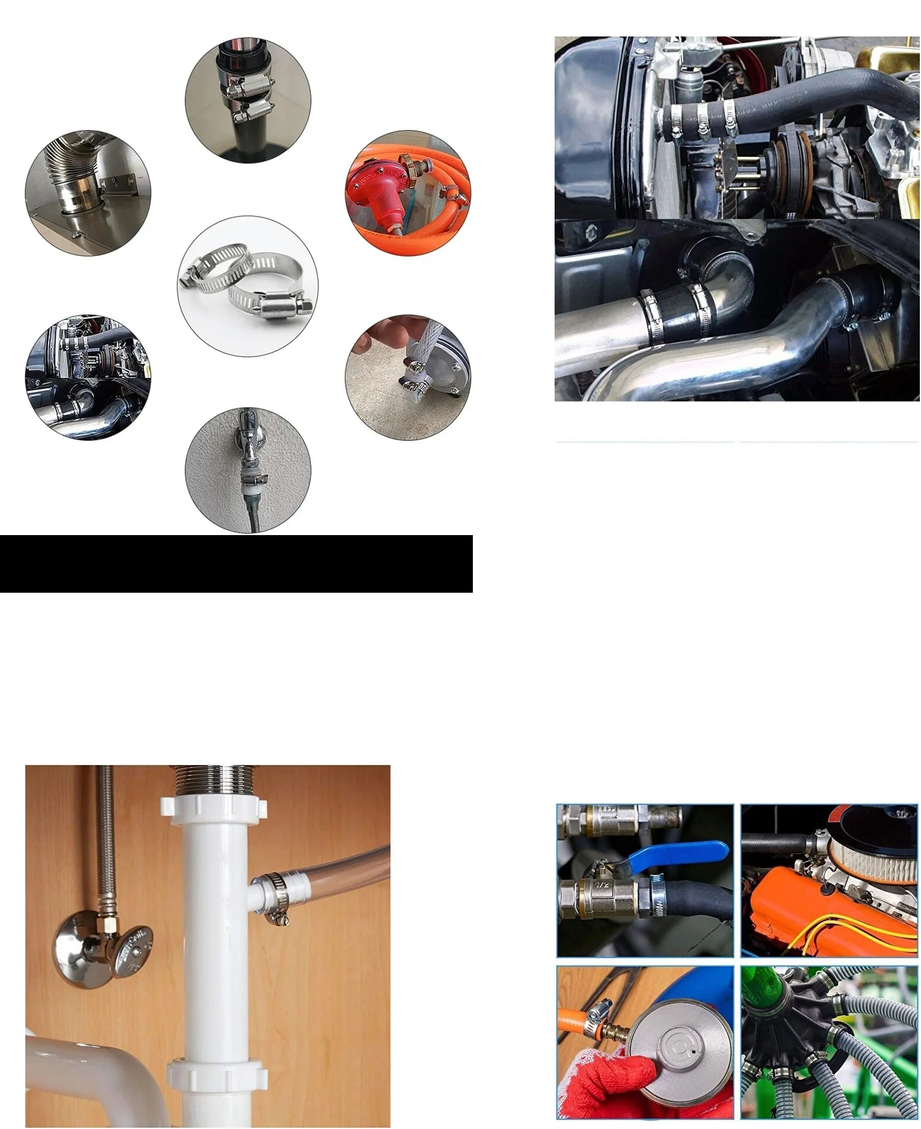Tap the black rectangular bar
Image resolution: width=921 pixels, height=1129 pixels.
tap(236, 563)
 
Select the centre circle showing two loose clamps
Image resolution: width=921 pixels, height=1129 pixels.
tap(248, 285)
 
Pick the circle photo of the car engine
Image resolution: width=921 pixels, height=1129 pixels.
tap(88, 377)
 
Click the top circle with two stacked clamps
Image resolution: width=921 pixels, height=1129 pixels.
tap(248, 101)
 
